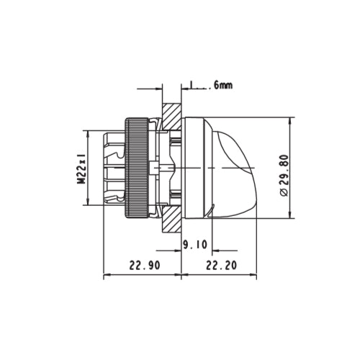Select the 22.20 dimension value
click(221, 265)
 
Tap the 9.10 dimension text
click(195, 245)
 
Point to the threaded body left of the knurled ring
click(112, 168)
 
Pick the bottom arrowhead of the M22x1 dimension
click(86, 204)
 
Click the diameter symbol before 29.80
click(283, 192)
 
